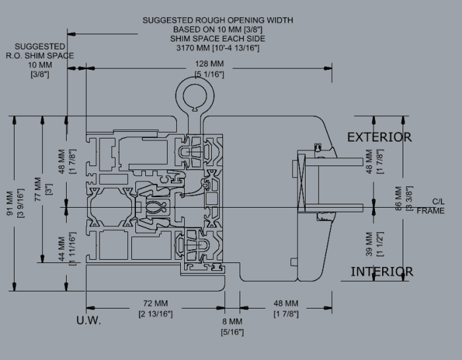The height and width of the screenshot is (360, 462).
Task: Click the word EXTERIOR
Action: (379, 137)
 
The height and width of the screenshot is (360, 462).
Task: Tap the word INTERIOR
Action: (382, 272)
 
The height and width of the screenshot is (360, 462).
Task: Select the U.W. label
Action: (88, 320)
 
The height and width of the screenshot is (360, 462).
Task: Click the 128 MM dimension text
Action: (209, 64)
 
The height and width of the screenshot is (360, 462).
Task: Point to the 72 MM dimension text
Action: (156, 303)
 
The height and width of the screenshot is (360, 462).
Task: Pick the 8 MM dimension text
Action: (232, 322)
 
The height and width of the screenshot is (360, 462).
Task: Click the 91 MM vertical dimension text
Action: (10, 203)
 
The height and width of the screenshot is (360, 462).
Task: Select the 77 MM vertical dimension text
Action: (38, 189)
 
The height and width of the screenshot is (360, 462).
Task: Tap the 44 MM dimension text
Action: (61, 249)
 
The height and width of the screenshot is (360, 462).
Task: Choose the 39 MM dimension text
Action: (370, 244)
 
